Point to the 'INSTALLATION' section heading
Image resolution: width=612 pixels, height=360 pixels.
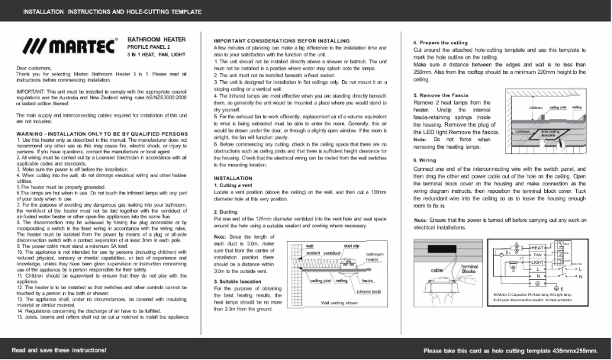234,179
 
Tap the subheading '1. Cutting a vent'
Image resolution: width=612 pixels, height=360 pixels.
240,186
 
